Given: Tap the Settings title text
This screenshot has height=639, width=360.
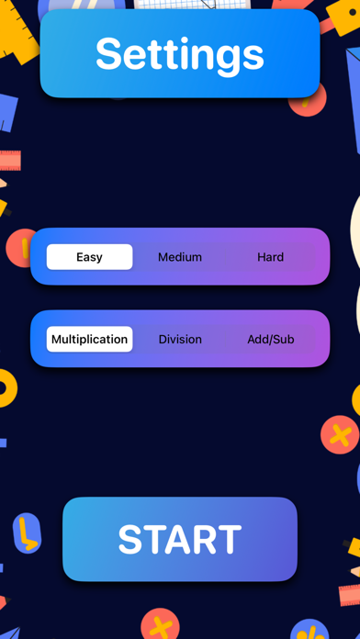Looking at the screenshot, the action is [180, 54].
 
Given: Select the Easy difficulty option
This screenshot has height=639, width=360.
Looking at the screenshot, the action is [89, 257].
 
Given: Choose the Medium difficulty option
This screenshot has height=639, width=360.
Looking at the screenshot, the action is [180, 257].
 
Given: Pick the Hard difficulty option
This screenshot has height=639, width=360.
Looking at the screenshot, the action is [270, 257].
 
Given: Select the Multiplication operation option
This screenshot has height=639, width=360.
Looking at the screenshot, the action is [89, 339].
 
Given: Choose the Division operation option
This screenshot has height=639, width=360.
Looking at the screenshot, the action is [180, 339].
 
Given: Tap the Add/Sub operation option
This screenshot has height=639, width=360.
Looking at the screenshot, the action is [270, 339].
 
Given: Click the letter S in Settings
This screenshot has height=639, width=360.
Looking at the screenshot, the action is [109, 54].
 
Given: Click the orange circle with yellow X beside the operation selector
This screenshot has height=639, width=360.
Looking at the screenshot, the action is [340, 433].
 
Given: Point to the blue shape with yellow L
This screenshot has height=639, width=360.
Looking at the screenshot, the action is [27, 533].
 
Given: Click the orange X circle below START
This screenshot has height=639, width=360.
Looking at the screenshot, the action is [160, 626].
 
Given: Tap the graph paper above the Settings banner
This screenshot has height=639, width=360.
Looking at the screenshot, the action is [191, 5].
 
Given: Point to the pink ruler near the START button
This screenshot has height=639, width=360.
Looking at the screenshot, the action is [350, 591].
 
